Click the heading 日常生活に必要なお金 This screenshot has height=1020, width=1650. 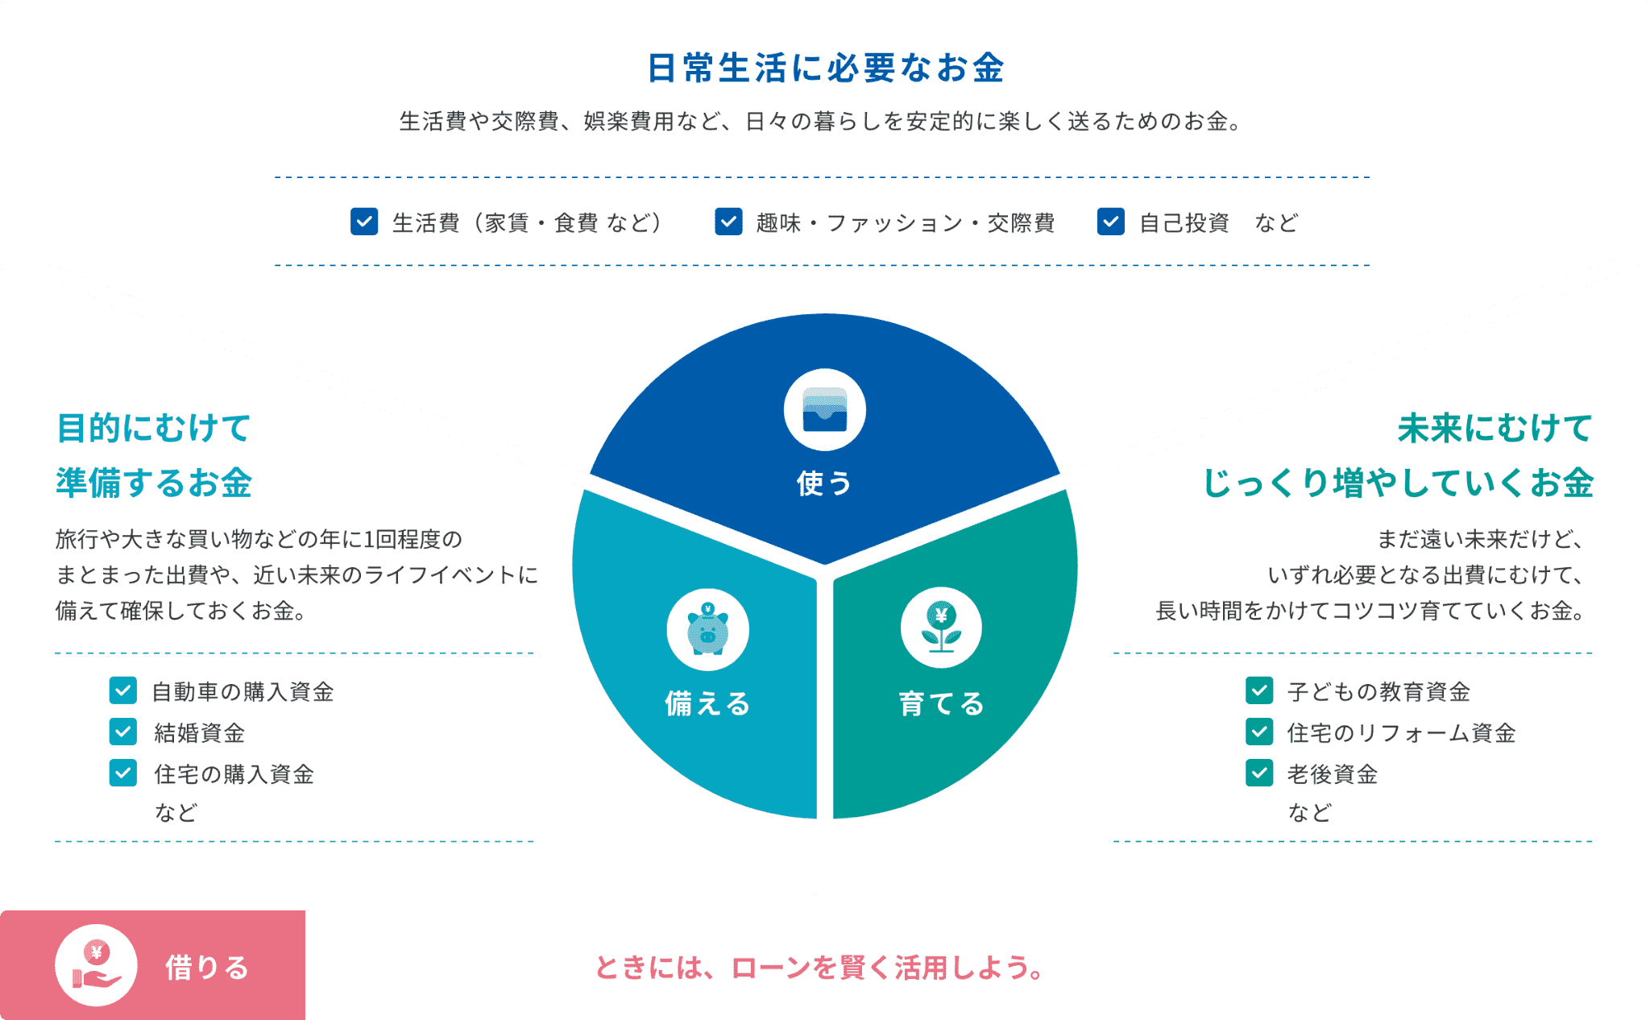pyautogui.click(x=825, y=68)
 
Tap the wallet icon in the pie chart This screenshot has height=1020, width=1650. pyautogui.click(x=825, y=409)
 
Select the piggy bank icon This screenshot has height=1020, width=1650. pyautogui.click(x=707, y=629)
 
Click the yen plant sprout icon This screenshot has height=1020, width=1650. pyautogui.click(x=941, y=628)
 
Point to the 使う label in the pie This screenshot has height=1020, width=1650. pyautogui.click(x=824, y=483)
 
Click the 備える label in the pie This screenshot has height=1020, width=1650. pyautogui.click(x=707, y=703)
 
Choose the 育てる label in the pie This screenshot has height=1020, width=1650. pyautogui.click(x=941, y=703)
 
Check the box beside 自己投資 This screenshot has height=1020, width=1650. pyautogui.click(x=1110, y=222)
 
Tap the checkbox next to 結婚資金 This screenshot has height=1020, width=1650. pyautogui.click(x=123, y=732)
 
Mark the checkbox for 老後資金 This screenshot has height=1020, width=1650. pyautogui.click(x=1259, y=773)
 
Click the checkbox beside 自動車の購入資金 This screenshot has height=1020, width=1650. pyautogui.click(x=123, y=690)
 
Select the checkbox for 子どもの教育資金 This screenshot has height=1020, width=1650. pyautogui.click(x=1259, y=690)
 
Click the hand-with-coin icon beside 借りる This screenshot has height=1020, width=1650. pyautogui.click(x=96, y=965)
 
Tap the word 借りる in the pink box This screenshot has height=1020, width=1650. pyautogui.click(x=207, y=967)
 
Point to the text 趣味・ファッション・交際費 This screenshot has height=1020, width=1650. pyautogui.click(x=905, y=222)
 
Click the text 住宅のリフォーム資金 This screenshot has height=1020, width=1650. pyautogui.click(x=1401, y=732)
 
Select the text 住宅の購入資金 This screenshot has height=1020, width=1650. pyautogui.click(x=234, y=773)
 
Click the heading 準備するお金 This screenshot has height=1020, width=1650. pyautogui.click(x=154, y=483)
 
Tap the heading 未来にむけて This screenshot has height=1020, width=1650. pyautogui.click(x=1495, y=428)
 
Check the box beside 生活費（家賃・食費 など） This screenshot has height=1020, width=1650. pyautogui.click(x=364, y=222)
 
